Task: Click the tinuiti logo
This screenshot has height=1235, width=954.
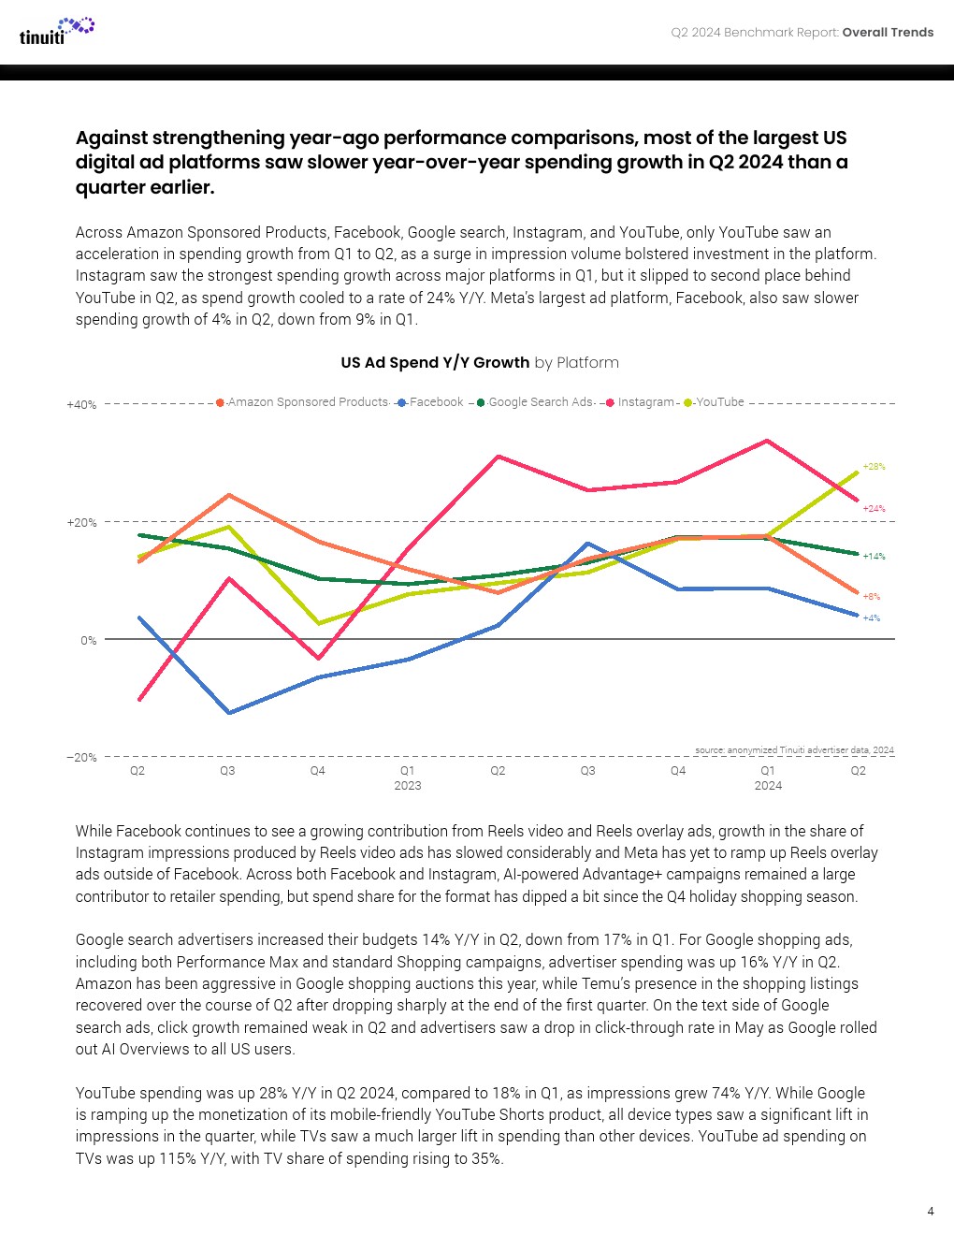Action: point(56,32)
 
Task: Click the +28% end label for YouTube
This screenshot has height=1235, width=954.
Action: point(874,466)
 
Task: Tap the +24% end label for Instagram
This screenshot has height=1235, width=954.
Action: point(874,509)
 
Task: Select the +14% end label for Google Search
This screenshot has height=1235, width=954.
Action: point(874,557)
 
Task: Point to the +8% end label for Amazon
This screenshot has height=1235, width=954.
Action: point(871,597)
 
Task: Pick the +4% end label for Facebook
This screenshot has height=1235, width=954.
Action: point(871,618)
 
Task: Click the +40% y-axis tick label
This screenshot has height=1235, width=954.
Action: point(81,405)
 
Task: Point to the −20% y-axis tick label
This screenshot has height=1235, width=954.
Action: point(81,758)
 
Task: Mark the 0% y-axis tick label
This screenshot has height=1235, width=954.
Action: point(88,641)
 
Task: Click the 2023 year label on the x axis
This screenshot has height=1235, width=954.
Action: point(408,786)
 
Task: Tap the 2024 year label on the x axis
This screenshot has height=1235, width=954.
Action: point(768,786)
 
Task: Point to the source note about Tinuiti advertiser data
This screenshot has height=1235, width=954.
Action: point(794,750)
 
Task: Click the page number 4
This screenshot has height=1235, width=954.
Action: point(930,1212)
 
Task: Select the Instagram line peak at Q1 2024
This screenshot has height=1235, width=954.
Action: point(768,441)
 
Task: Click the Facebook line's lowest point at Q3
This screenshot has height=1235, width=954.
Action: point(229,713)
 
